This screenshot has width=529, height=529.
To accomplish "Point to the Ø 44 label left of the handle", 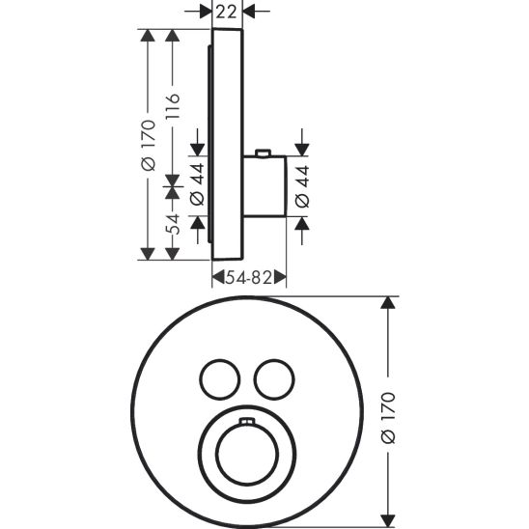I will coord(198,185).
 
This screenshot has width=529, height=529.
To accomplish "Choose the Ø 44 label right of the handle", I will coord(301,185).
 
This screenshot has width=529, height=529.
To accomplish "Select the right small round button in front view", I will coord(272,376).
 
